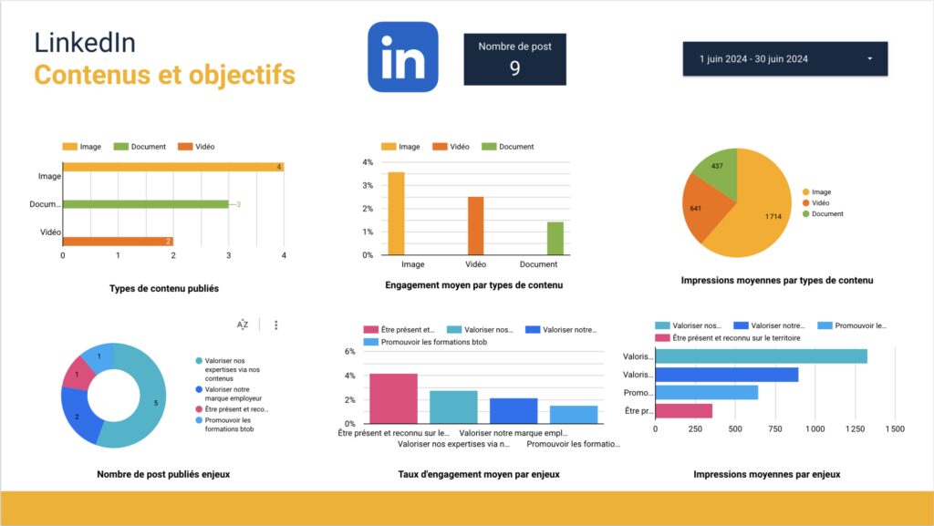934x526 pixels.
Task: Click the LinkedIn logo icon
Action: pos(402,57)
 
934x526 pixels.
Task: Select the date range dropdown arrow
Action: pos(869,59)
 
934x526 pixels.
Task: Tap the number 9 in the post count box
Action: pos(514,67)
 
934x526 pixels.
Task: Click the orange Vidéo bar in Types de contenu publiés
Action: pos(118,241)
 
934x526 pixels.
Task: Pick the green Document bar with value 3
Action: pos(145,204)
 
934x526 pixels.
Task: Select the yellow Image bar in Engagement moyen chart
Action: pos(395,213)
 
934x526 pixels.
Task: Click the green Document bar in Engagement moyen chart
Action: pos(555,238)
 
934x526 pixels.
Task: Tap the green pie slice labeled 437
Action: pos(717,170)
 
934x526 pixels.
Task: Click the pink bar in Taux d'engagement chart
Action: pos(393,398)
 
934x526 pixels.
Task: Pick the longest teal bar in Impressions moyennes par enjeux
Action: pos(761,356)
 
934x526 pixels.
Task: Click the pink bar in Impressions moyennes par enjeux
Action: pos(683,410)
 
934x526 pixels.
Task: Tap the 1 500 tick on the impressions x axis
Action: pos(894,428)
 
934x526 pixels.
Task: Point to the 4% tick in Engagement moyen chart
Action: pos(368,162)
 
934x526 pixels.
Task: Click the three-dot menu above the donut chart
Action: pos(275,325)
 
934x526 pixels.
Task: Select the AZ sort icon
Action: pos(243,325)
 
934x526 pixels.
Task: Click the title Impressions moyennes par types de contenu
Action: pos(776,281)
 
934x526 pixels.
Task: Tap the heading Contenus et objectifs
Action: pos(164,75)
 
